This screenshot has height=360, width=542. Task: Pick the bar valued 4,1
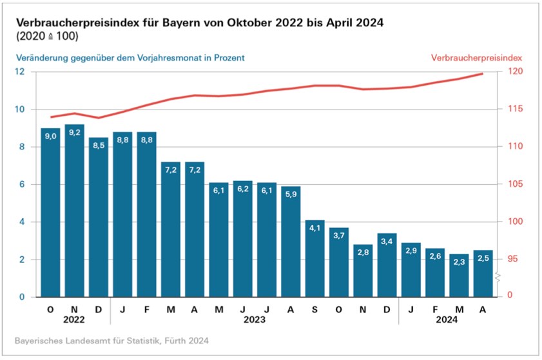[315, 258]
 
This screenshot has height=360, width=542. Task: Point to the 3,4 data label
[387, 241]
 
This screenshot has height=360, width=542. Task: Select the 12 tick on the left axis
[20, 71]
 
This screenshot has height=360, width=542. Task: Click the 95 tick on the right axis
[513, 260]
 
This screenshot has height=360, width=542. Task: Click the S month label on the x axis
[315, 309]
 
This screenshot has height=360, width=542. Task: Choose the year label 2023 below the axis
[255, 319]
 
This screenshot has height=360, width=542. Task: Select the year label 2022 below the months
[74, 319]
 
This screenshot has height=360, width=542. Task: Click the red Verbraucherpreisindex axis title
[478, 57]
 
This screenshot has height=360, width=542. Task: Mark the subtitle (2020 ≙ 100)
[46, 36]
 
